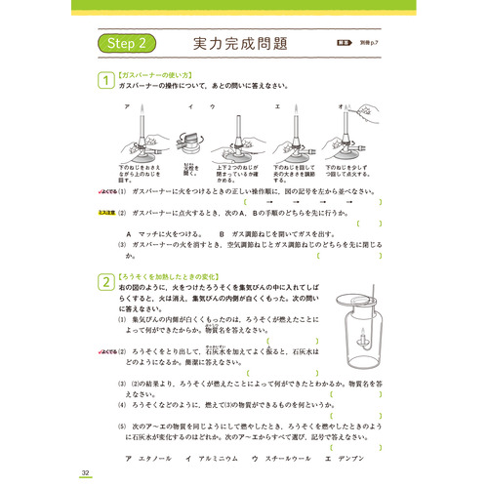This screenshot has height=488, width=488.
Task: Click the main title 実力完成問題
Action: point(239,45)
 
